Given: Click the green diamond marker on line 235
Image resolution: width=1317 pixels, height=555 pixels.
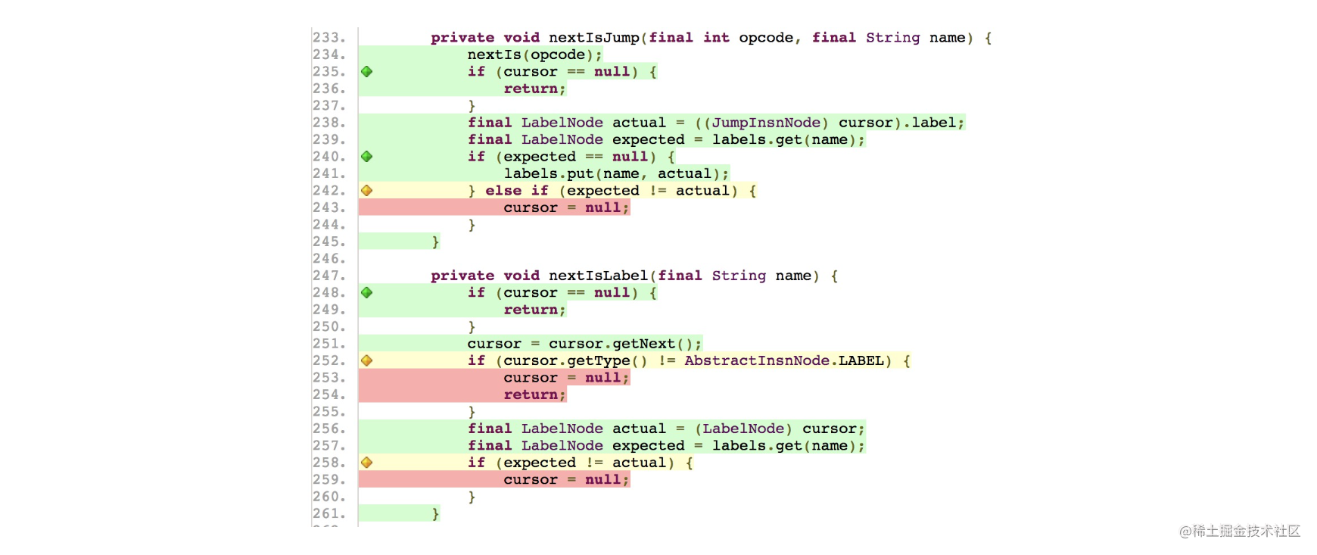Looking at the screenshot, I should click(x=367, y=72).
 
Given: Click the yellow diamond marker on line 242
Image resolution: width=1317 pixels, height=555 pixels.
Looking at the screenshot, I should click(x=367, y=191).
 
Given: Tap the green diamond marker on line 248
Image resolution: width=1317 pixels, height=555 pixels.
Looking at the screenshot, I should click(x=367, y=293).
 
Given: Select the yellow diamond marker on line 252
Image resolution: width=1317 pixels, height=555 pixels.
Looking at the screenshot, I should click(x=367, y=361).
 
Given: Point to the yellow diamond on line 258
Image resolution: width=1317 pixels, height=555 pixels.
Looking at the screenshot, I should click(x=367, y=463).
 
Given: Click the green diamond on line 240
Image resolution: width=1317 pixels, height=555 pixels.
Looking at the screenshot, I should click(x=367, y=157).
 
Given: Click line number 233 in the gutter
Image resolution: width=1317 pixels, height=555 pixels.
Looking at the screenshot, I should click(x=329, y=38).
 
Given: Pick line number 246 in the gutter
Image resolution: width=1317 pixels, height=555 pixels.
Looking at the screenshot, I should click(x=329, y=259).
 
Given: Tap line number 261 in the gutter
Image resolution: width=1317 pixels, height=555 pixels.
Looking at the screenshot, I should click(x=329, y=514).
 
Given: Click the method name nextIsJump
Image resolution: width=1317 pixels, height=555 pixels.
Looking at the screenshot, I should click(x=594, y=38).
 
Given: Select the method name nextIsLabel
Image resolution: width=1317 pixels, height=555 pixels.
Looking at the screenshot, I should click(x=598, y=276).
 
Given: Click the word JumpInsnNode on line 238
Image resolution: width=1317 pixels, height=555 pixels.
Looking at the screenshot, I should click(x=766, y=123).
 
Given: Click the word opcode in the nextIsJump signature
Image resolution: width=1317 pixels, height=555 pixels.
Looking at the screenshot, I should click(x=766, y=38).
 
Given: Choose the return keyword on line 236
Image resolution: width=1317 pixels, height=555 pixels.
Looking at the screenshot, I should click(x=531, y=89).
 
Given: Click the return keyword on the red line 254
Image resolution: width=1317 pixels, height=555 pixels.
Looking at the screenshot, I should click(x=531, y=394).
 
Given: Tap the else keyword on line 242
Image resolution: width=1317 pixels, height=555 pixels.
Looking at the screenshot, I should click(x=503, y=191).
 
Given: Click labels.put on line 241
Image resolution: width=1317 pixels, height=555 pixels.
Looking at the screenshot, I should click(x=549, y=174).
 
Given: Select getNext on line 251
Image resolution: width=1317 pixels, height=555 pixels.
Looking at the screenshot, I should click(x=643, y=344).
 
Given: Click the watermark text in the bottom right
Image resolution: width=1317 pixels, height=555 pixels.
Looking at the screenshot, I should click(x=1238, y=530).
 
